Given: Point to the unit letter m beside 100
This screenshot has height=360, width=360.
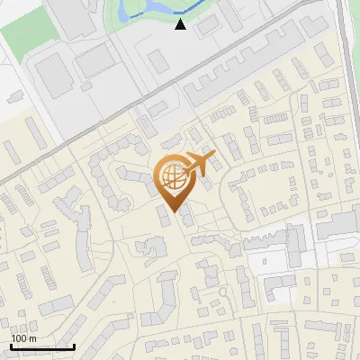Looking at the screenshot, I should (31, 338).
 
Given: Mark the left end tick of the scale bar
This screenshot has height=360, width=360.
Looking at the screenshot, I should (11, 346).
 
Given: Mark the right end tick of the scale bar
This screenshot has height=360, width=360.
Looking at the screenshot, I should (74, 346).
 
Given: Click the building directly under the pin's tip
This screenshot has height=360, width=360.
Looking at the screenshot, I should (166, 217).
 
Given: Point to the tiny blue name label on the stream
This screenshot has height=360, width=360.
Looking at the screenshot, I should (135, 15).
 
